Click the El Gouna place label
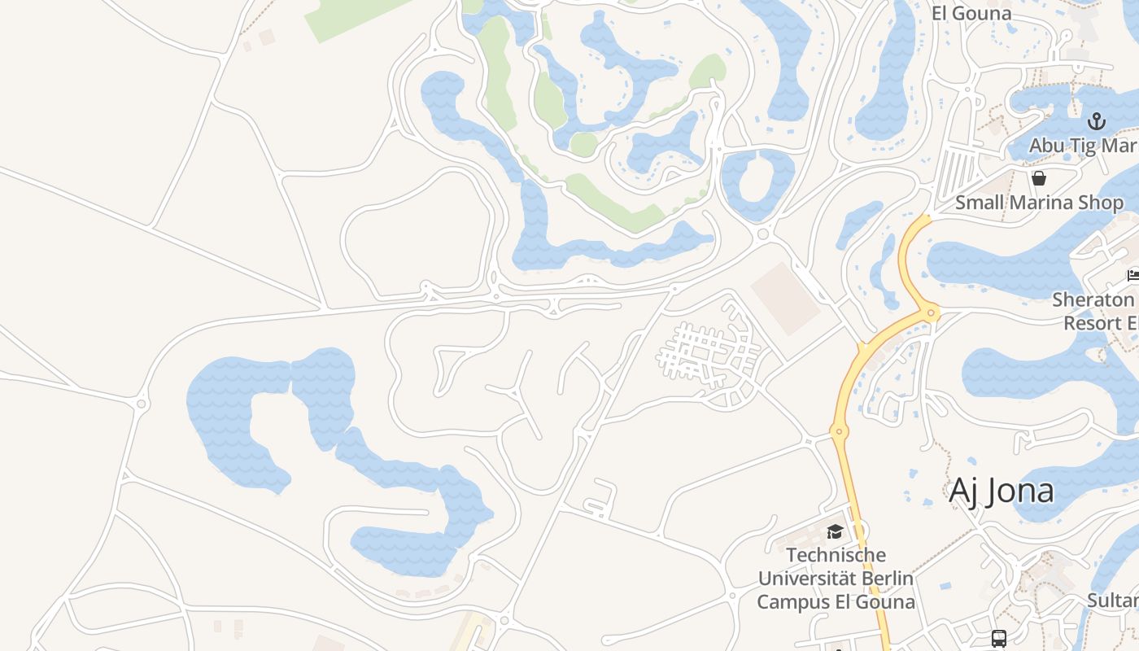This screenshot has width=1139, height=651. point(971,13)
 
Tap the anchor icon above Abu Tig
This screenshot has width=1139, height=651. point(1097,122)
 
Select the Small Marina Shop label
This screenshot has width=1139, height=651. point(1039,203)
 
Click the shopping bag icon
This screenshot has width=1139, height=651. point(1039,178)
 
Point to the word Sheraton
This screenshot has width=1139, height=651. point(1093,299)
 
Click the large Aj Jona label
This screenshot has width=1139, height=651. point(1002,491)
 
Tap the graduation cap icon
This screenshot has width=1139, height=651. point(834,532)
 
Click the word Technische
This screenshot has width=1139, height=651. point(836,555)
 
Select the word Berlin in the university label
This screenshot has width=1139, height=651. point(884,579)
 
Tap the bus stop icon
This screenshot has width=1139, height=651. point(999,639)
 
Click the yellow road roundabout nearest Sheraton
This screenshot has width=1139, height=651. point(931,312)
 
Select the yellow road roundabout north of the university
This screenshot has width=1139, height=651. point(839,430)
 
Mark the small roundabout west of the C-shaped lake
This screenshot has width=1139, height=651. point(142,403)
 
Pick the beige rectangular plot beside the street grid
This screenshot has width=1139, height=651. point(784,299)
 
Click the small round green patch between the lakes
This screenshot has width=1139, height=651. point(583,144)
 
